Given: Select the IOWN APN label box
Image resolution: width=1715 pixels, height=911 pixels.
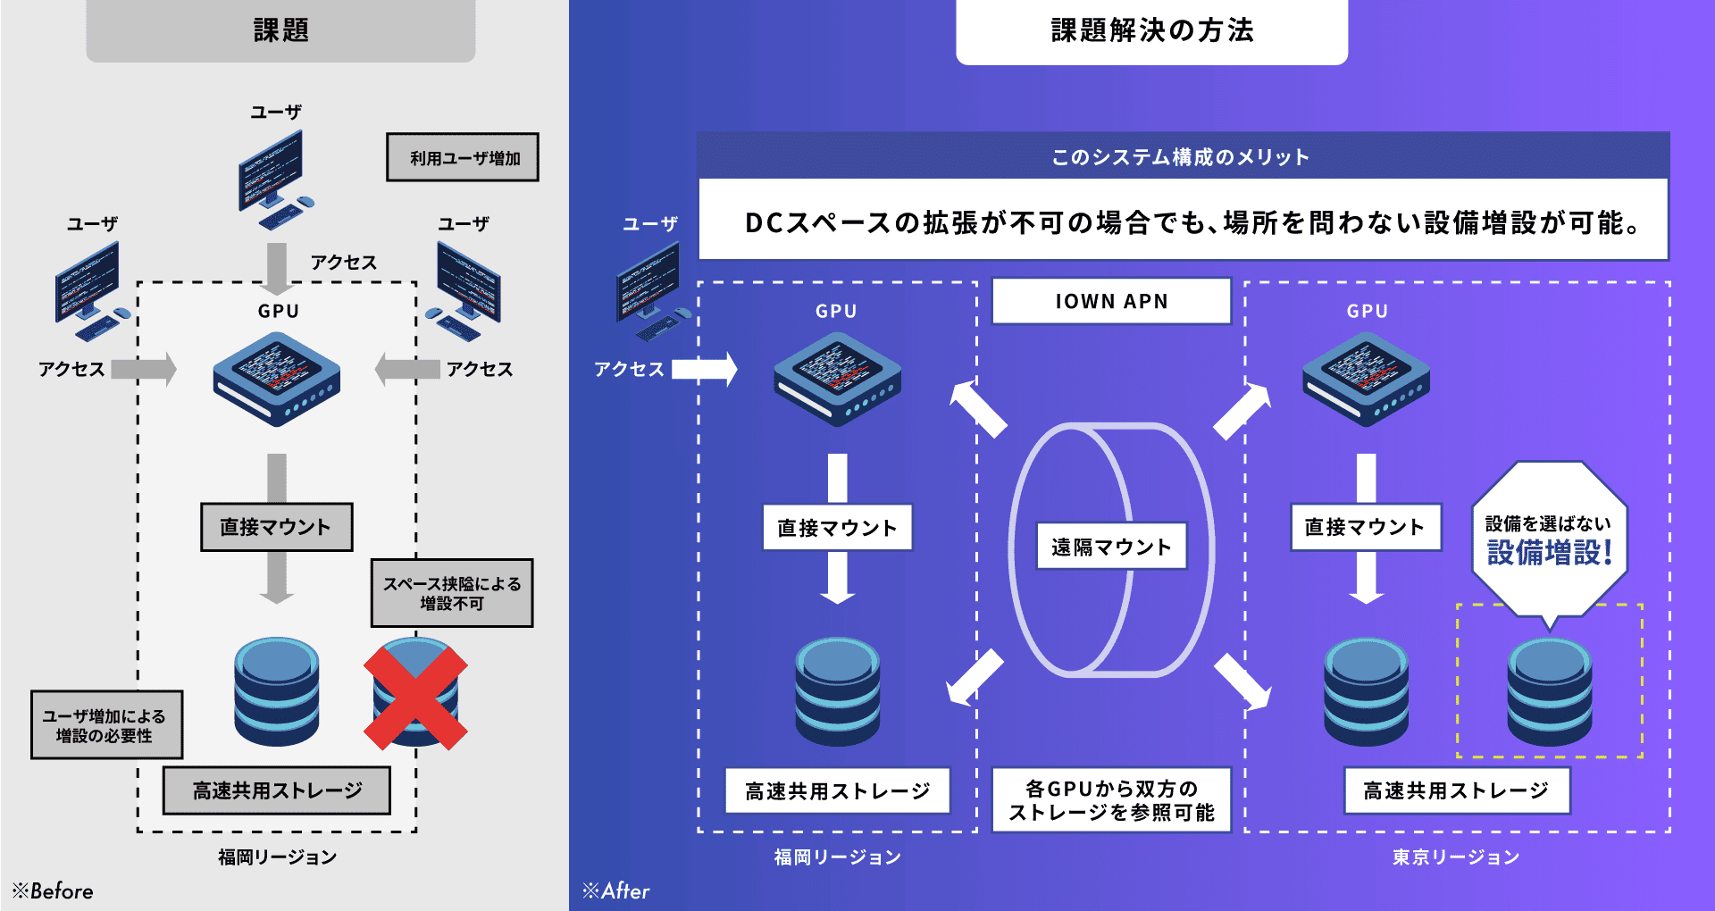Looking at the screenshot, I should (1111, 302).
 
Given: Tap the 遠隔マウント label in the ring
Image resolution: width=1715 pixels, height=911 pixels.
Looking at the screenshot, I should (1111, 547).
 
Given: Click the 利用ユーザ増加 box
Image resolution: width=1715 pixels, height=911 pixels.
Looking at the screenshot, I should (463, 158).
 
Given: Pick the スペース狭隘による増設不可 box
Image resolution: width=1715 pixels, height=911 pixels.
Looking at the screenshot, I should (452, 593).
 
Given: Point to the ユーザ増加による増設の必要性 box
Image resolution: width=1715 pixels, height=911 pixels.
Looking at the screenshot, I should (106, 725).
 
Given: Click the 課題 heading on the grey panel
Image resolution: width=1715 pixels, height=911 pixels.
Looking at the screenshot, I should (280, 30).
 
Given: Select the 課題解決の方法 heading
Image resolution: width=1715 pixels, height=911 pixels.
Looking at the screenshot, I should (1151, 30).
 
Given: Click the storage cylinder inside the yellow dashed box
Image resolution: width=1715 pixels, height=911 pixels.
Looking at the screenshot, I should (1549, 692).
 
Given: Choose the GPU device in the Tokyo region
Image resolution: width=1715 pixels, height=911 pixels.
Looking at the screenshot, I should (1366, 379).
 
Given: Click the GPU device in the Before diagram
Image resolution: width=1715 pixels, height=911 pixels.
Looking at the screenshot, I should (277, 379).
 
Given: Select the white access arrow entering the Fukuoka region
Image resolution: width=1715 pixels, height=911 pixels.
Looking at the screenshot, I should (705, 369).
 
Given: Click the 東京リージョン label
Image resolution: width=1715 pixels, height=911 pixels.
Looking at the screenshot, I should (1455, 857).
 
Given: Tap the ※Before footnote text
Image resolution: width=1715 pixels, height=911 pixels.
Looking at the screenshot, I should (53, 890).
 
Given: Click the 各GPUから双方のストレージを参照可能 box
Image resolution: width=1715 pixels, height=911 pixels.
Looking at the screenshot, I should (1111, 800).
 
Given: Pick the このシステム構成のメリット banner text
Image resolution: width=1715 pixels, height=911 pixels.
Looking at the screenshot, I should (1180, 157).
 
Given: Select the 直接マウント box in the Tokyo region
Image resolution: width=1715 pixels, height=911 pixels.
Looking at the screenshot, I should (1365, 527).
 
